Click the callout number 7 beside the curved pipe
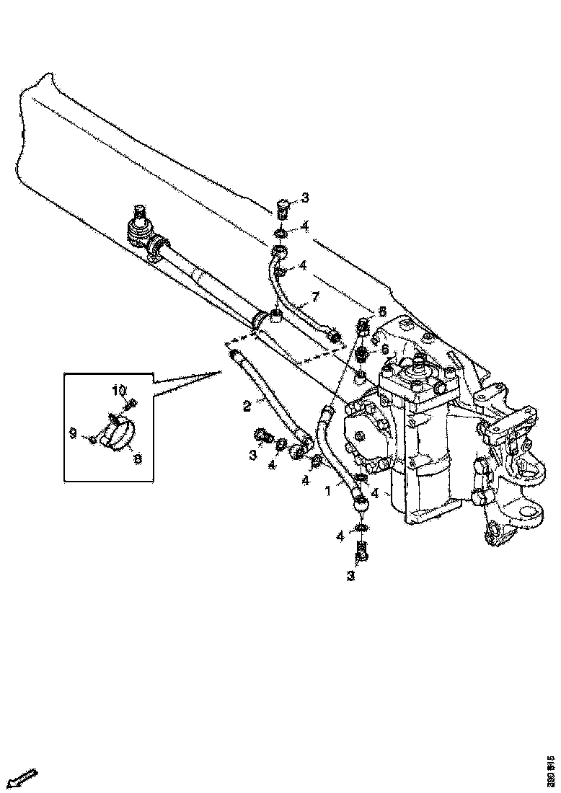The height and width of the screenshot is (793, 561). tap(314, 297)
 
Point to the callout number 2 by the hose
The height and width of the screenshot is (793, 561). tap(247, 406)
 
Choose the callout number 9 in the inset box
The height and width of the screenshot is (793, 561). tap(72, 433)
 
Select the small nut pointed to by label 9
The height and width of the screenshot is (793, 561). tap(92, 439)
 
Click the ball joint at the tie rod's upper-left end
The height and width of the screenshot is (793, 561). tap(140, 229)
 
